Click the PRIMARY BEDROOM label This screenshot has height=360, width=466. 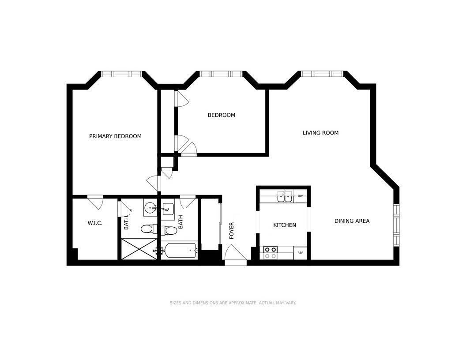click(x=115, y=136)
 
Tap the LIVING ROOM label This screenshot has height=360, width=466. click(x=321, y=133)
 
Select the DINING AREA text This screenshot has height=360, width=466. click(x=352, y=221)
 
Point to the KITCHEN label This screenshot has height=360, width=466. click(x=285, y=225)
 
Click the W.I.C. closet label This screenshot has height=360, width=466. click(x=95, y=223)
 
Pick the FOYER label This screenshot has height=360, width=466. click(x=232, y=230)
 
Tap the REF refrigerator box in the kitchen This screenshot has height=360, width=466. click(x=300, y=253)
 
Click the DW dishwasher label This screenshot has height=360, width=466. click(x=300, y=196)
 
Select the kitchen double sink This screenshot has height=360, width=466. click(x=285, y=197)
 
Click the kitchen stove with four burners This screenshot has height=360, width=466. click(x=271, y=253)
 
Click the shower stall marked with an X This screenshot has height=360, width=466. click(x=139, y=249)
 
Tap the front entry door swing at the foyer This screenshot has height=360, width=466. click(x=235, y=254)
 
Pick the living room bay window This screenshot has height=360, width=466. click(x=322, y=74)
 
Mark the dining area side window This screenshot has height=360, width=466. click(x=396, y=225)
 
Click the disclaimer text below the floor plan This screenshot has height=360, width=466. click(x=233, y=303)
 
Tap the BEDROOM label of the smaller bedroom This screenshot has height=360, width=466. click(x=222, y=115)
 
